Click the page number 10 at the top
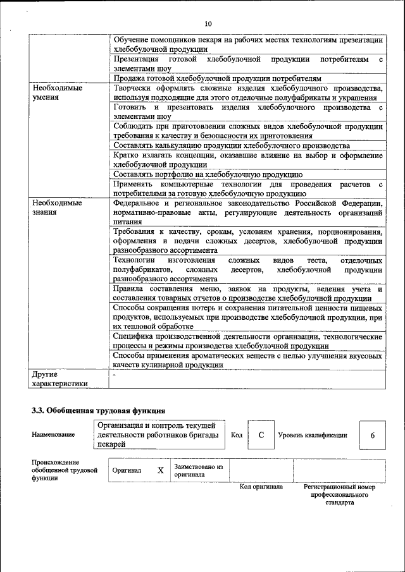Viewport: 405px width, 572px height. [208, 24]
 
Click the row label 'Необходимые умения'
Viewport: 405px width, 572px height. [57, 93]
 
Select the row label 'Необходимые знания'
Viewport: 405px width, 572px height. [57, 207]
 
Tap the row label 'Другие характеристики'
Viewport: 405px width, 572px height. [59, 379]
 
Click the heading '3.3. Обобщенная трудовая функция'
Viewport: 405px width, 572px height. [98, 410]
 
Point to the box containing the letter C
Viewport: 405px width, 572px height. [261, 435]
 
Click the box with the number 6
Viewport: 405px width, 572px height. [373, 435]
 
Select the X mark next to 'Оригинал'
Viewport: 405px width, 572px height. [161, 470]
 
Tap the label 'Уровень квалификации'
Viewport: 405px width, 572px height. [313, 435]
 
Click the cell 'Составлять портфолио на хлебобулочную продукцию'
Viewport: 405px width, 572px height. [208, 174]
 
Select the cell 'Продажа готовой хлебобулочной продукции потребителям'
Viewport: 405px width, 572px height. [218, 78]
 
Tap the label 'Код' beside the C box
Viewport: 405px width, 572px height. [237, 435]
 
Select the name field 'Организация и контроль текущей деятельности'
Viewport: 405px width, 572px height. [158, 435]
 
